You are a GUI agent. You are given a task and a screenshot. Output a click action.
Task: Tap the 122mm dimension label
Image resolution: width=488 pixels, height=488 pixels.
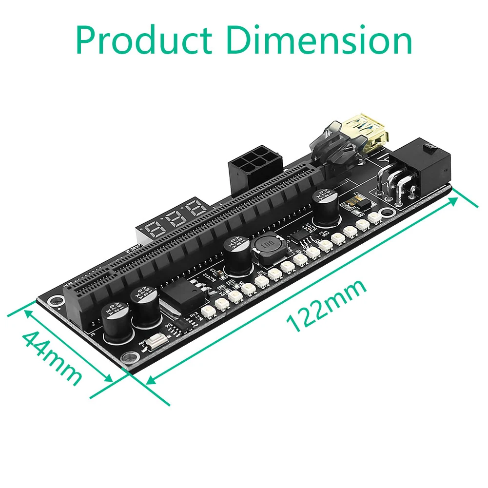[x=327, y=307]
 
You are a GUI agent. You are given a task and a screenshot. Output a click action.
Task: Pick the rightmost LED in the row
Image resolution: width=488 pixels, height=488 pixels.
[x=374, y=217]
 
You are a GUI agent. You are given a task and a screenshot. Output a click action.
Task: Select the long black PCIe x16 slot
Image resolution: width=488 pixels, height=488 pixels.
[x=195, y=234]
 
